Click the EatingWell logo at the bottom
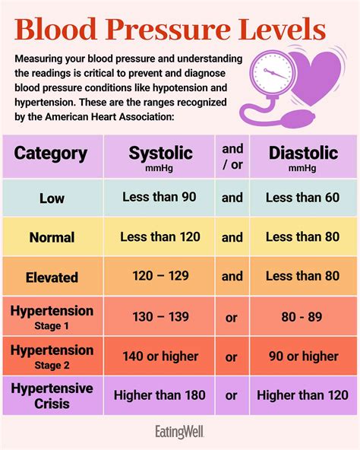point(180,433)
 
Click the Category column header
point(51,154)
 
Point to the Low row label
point(51,198)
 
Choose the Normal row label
point(51,238)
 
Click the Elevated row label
point(51,277)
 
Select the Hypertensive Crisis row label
point(51,395)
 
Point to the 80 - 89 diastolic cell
point(302,316)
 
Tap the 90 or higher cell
point(302,356)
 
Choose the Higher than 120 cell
point(302,395)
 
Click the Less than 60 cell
point(302,198)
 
